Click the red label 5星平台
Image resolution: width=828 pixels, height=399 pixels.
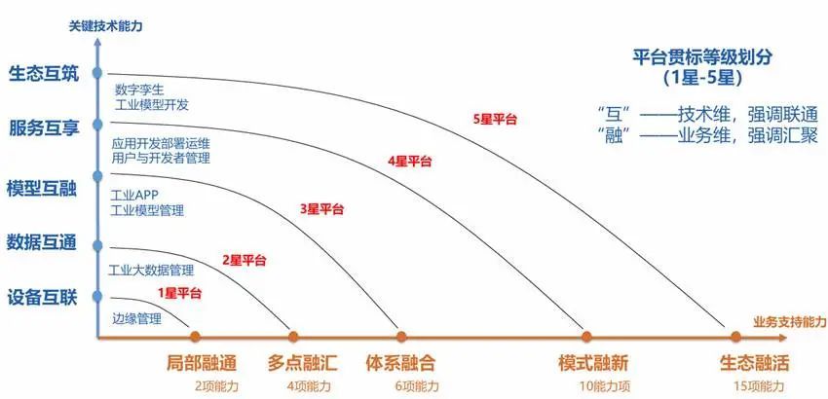495,120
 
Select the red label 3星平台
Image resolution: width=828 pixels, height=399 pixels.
321,209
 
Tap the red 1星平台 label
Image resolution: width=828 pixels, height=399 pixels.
179,294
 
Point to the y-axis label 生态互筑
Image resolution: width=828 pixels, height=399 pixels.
44,74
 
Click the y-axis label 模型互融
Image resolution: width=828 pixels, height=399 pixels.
42,188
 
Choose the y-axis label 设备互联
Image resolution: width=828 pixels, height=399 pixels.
42,298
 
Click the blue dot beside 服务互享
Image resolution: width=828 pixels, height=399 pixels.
97,125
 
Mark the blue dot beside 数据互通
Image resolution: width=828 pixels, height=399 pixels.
97,245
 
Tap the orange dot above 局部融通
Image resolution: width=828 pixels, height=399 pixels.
195,336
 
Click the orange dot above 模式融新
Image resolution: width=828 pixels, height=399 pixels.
586,336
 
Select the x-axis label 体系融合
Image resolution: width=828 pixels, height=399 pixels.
400,364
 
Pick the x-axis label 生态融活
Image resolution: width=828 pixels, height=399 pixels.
755,364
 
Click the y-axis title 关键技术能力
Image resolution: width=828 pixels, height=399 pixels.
105,25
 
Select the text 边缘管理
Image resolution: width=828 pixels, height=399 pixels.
136,318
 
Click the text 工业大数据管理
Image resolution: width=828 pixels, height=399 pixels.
151,272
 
